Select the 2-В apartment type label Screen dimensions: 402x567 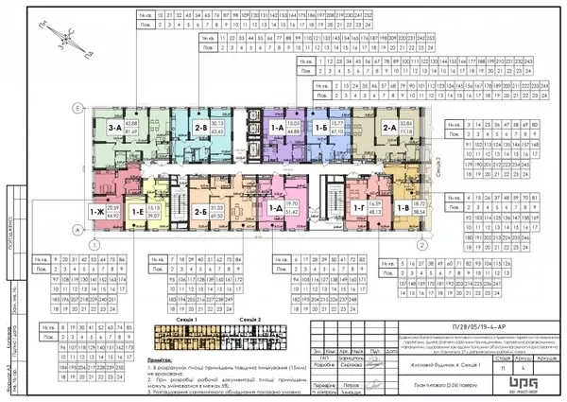[x=200, y=130]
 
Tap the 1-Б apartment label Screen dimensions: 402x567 [x=321, y=127]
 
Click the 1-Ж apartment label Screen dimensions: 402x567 [x=95, y=214]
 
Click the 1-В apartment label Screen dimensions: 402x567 [x=404, y=210]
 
